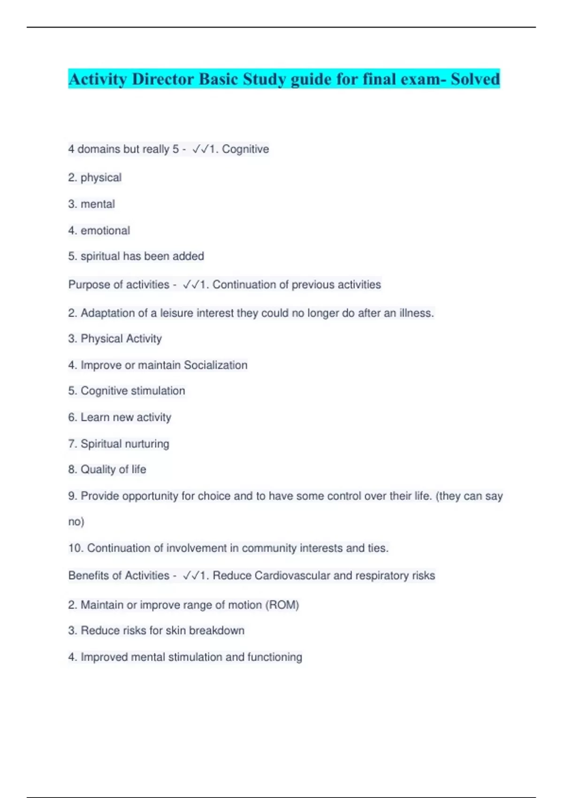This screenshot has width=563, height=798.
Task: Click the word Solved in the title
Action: (x=475, y=79)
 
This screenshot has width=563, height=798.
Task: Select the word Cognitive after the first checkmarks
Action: (x=245, y=149)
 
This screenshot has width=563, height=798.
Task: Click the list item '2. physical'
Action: (x=95, y=177)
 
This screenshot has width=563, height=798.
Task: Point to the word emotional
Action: (x=105, y=230)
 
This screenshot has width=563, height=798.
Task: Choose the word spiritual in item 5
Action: (x=100, y=256)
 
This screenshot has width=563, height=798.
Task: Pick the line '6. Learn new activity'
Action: (x=120, y=417)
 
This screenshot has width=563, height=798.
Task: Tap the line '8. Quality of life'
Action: (x=107, y=469)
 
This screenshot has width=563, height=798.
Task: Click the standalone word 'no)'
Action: (x=76, y=522)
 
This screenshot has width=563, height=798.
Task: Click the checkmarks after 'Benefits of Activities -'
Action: (x=191, y=575)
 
